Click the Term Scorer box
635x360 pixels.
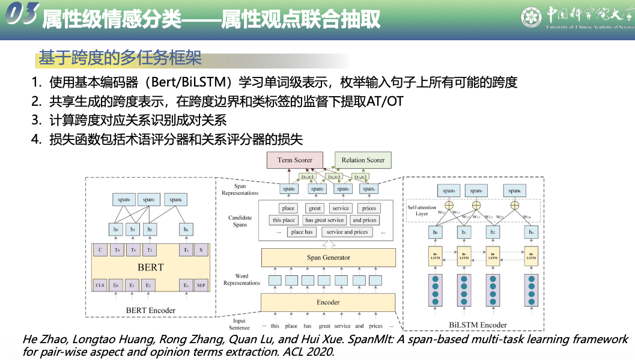coord(294,160)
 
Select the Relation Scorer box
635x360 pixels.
coord(363,160)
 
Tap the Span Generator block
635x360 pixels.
coord(328,257)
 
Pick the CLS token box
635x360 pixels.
coord(100,285)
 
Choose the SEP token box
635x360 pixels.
coord(201,285)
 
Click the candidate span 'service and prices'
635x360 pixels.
coord(347,231)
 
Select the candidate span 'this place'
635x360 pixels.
coord(284,220)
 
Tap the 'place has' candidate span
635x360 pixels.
coord(302,231)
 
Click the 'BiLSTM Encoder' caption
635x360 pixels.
coord(478,325)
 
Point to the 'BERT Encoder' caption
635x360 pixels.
coord(151,311)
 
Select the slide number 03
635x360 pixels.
coord(22,14)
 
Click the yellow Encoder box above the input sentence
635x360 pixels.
coord(328,302)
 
